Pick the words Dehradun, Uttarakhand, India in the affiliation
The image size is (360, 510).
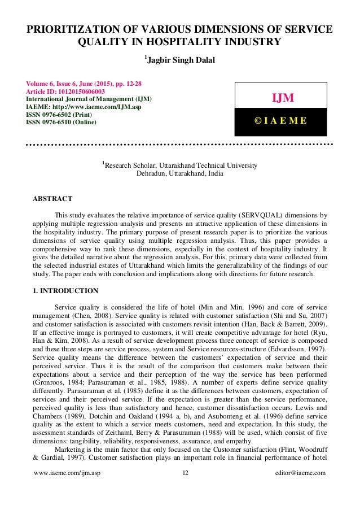pos(179,174)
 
